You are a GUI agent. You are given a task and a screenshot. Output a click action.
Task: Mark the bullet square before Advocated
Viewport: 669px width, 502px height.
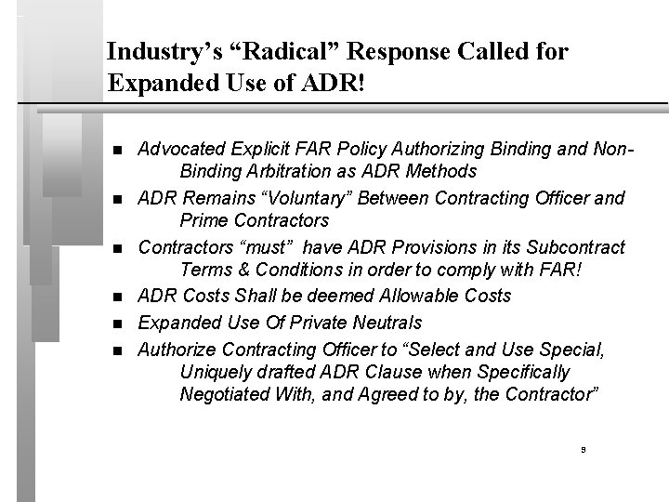coord(116,150)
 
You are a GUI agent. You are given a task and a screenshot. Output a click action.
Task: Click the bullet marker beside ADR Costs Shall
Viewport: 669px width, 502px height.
coord(116,297)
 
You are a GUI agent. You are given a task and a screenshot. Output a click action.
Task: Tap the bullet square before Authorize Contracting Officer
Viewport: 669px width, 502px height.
coord(116,349)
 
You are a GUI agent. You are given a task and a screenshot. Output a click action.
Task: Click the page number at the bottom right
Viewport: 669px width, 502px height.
coord(582,449)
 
